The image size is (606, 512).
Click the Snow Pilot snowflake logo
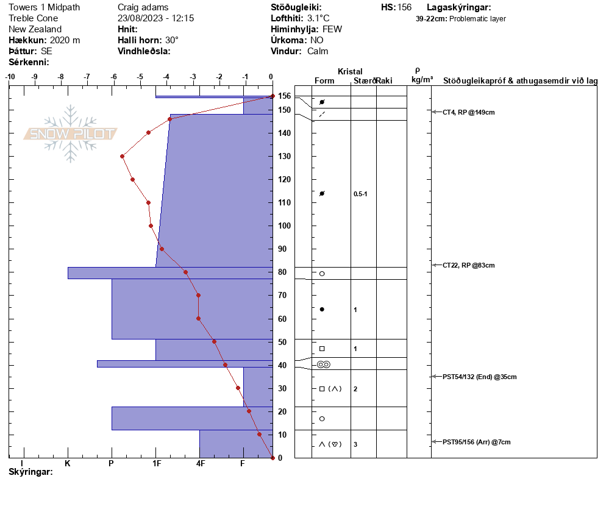tap(70, 133)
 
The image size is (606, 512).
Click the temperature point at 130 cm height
tap(122, 157)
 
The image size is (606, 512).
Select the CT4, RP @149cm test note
tap(468, 112)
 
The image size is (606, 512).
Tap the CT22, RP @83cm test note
tap(468, 266)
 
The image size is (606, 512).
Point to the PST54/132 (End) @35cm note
tap(480, 377)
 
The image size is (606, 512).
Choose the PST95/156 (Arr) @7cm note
tap(477, 442)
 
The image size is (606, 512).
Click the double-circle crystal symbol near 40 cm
tap(324, 364)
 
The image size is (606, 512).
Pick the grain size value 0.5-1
tap(360, 194)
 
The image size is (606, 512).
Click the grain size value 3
tap(355, 444)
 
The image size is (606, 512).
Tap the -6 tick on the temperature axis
tap(113, 77)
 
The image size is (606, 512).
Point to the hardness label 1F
tap(157, 463)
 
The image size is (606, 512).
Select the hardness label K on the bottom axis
tap(68, 463)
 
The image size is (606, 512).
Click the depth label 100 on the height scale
tap(285, 226)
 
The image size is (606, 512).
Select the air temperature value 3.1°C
tap(318, 18)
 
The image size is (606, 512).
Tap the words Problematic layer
tap(477, 19)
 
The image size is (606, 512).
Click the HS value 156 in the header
tap(405, 7)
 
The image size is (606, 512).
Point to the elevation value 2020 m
tap(65, 40)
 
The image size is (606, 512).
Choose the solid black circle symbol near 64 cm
tap(322, 310)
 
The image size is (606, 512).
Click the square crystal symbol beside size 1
tap(322, 349)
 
